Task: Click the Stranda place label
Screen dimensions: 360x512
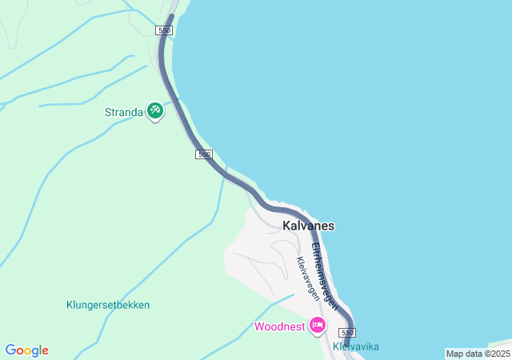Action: [124, 112]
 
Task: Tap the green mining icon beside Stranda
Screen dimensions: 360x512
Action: [155, 111]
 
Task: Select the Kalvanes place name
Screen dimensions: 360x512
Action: [308, 226]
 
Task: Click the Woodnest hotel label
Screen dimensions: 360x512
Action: [279, 326]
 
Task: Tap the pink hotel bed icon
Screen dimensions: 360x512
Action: [318, 325]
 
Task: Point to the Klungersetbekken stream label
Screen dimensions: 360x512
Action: [108, 305]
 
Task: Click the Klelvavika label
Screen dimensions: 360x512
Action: [356, 346]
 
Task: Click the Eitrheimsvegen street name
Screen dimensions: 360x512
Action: [324, 276]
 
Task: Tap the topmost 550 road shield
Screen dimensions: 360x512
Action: [165, 30]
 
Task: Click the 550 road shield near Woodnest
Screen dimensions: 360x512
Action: [346, 332]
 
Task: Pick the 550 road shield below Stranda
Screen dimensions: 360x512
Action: [204, 154]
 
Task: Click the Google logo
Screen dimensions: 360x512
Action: [27, 350]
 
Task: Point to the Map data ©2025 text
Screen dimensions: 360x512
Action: [478, 354]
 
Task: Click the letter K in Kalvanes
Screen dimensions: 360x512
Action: [286, 226]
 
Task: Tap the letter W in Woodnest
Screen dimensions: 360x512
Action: [259, 326]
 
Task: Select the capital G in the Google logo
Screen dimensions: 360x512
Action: [10, 350]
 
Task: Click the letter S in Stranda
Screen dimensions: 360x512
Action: [109, 112]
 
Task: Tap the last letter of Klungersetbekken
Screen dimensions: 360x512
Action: [147, 305]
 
